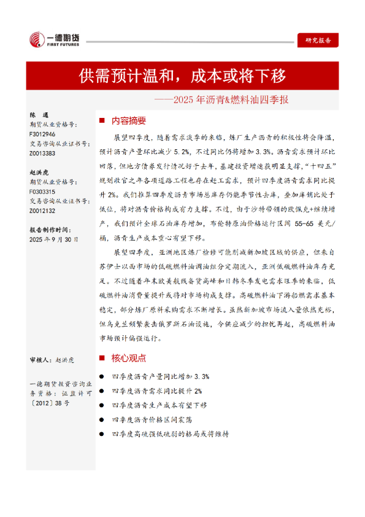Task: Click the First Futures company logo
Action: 53,41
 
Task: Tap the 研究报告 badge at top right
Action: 318,40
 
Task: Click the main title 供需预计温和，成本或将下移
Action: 182,76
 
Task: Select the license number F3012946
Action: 42,134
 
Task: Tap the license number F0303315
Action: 42,192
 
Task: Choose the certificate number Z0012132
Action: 42,211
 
